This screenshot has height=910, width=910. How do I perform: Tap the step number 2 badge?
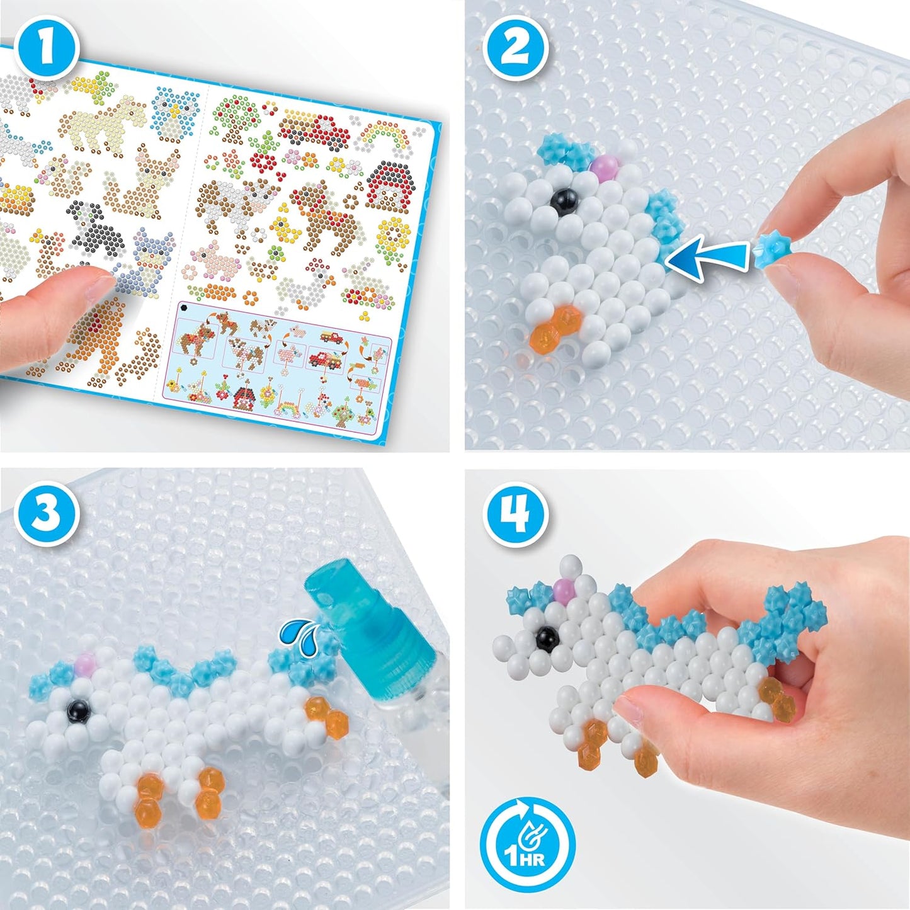click(x=515, y=48)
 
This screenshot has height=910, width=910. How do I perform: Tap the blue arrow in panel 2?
click(x=705, y=259)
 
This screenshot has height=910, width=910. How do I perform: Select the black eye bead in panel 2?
click(x=560, y=201)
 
